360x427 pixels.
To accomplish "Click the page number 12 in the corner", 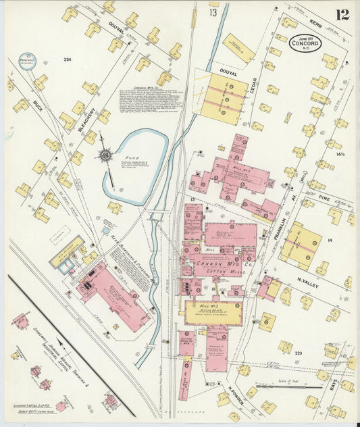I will coord(342,14).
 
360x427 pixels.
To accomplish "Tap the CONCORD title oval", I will coord(305,43).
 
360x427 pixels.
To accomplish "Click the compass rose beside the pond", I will coord(105,156).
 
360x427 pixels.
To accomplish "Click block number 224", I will coord(68,60).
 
